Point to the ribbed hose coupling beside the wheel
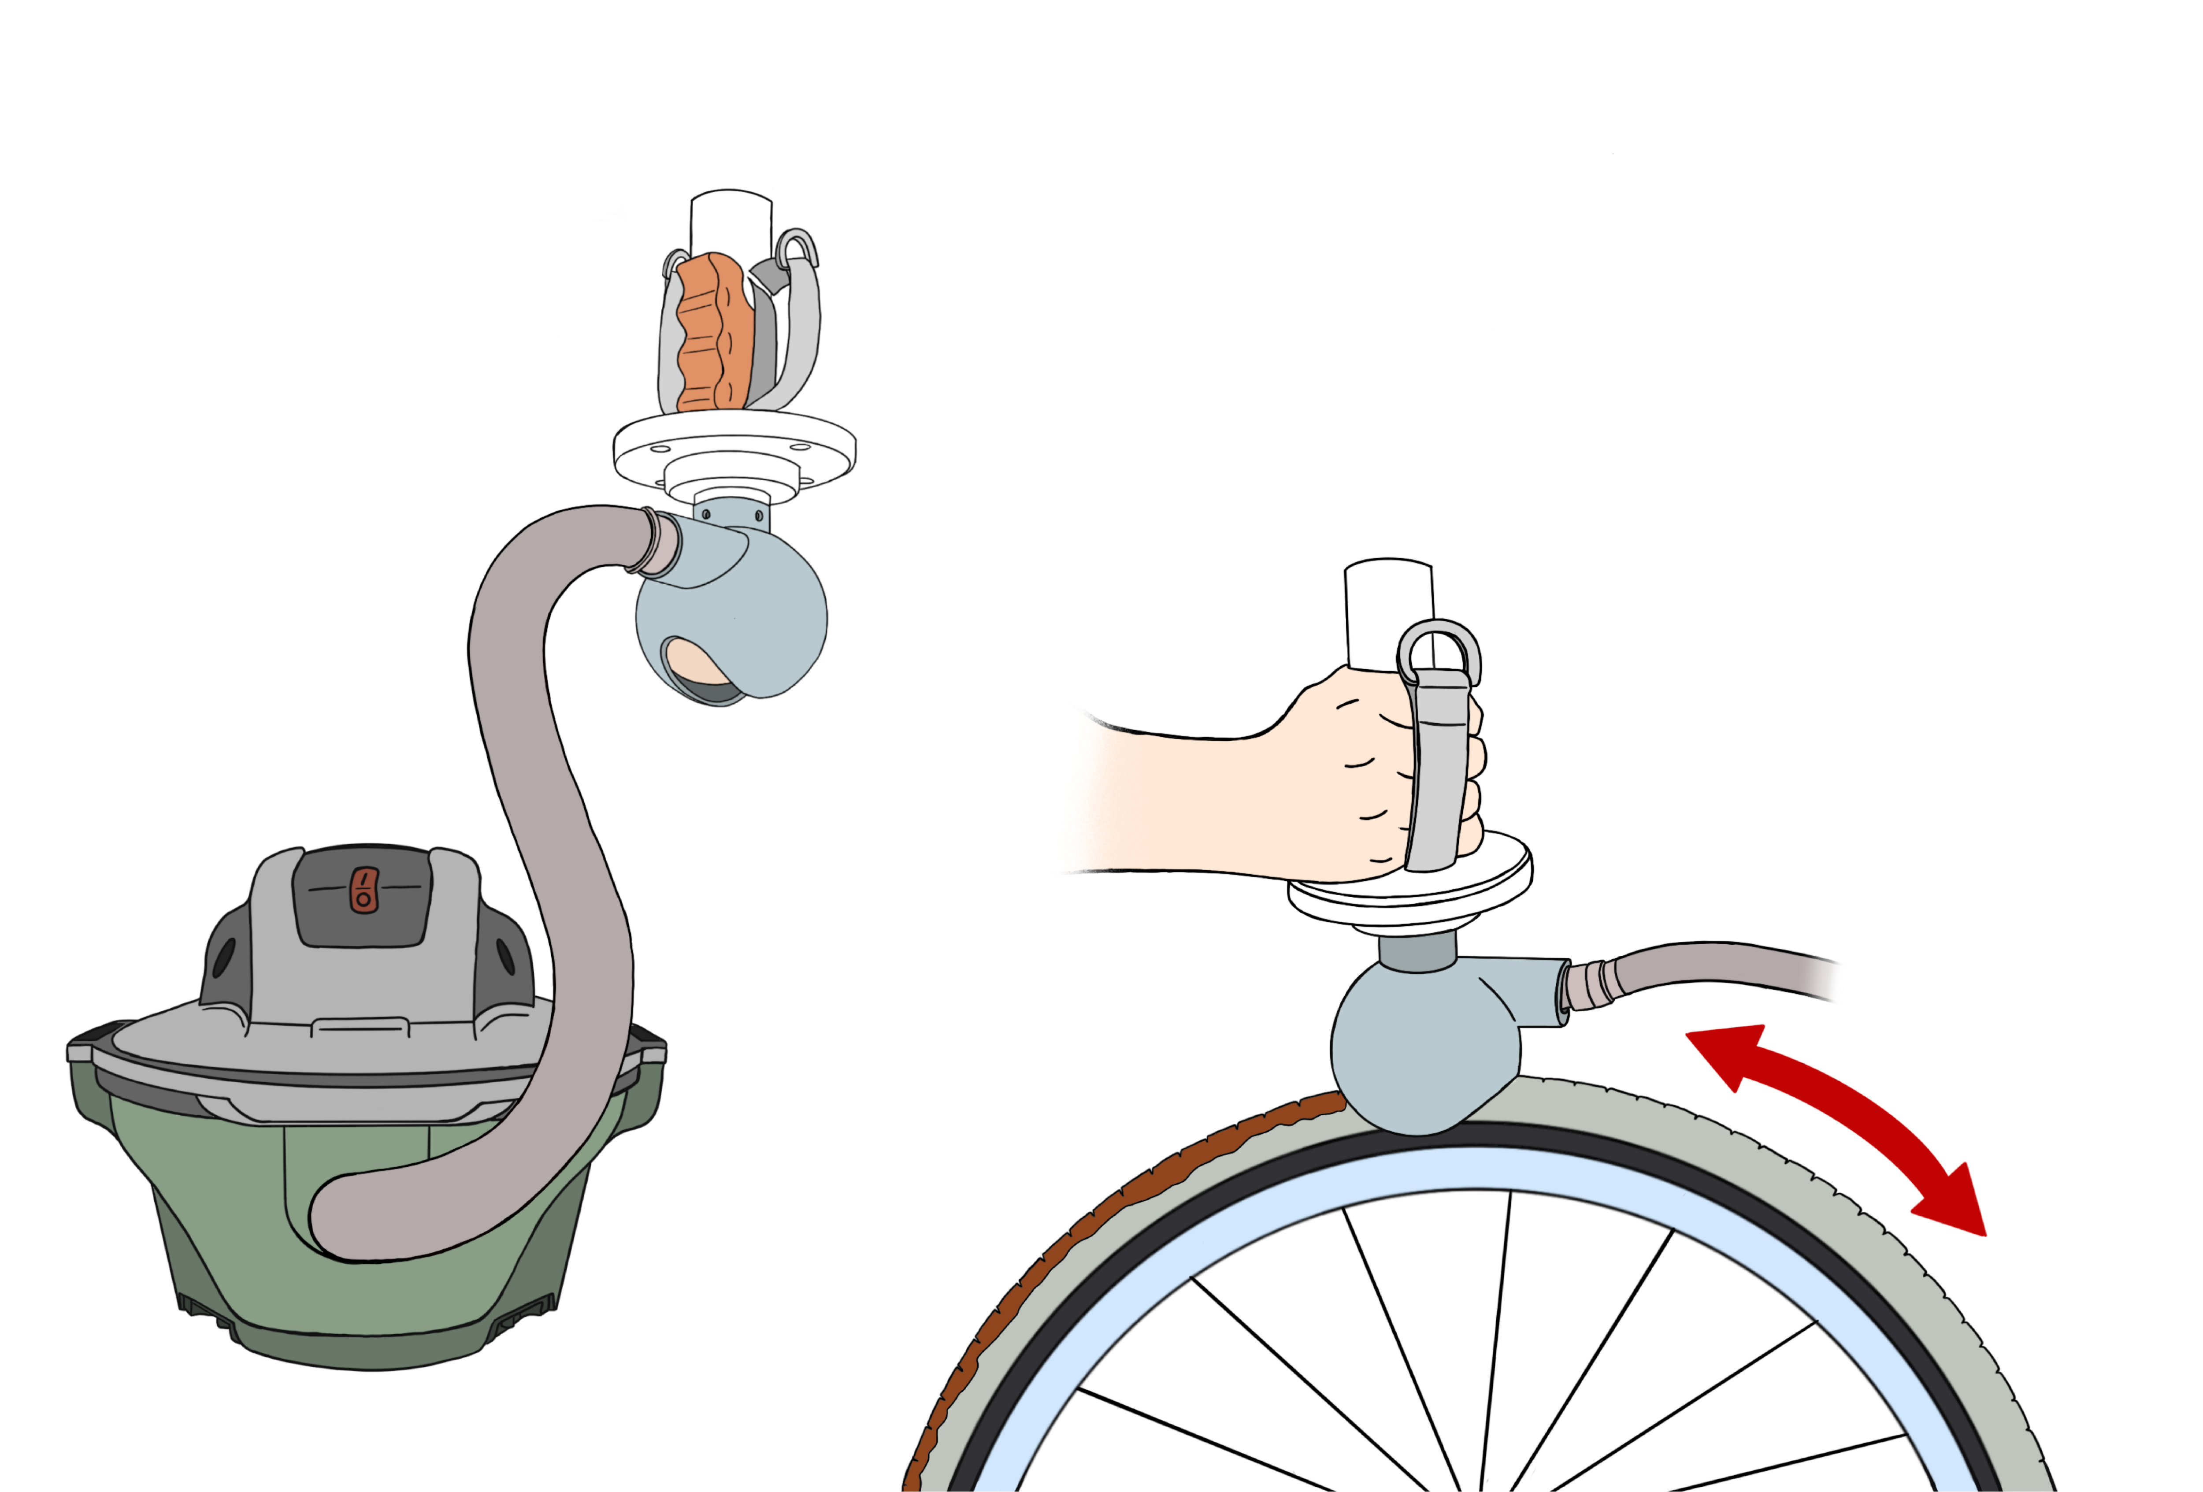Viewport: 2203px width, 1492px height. pos(1588,986)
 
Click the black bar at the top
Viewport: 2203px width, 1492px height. pos(1545,35)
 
